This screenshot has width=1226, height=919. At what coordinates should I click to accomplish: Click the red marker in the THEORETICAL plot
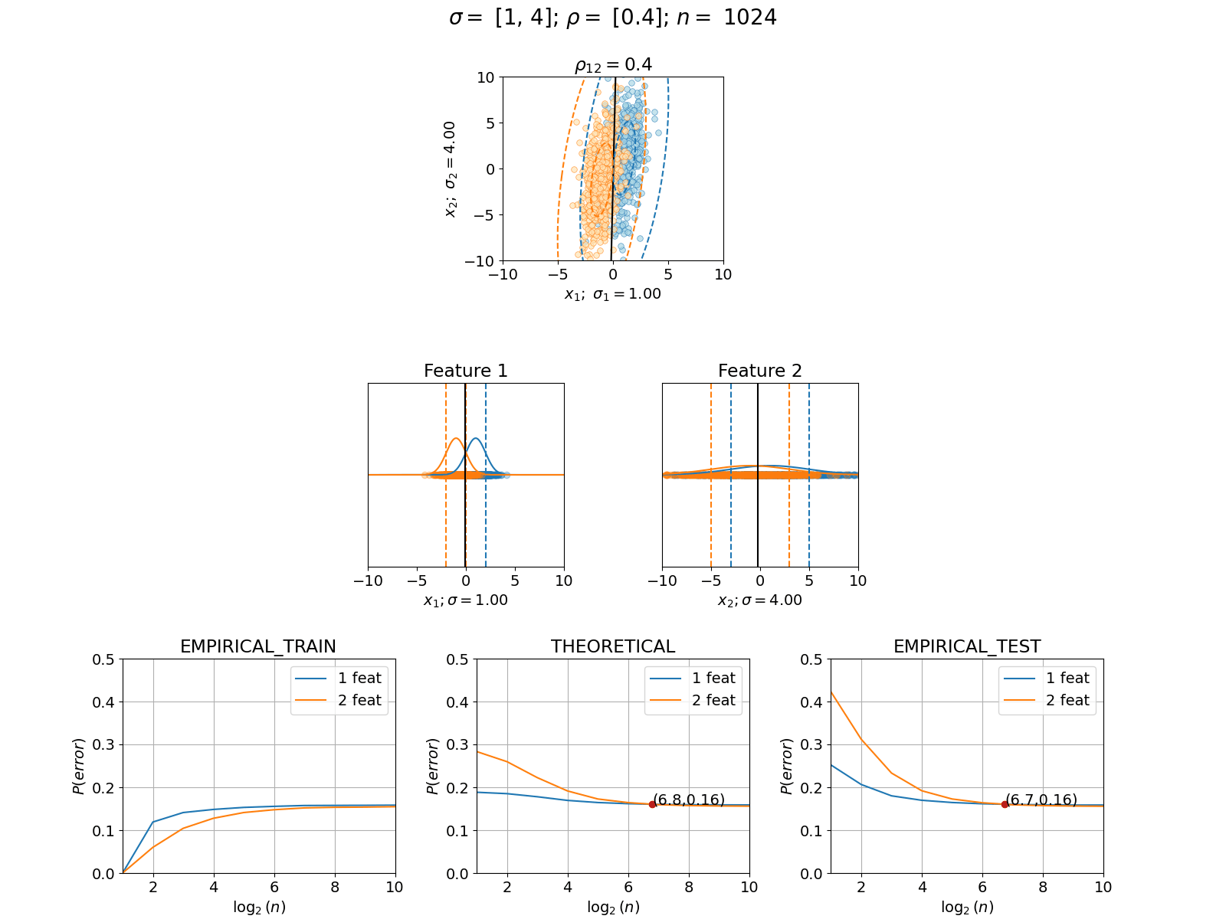pos(652,805)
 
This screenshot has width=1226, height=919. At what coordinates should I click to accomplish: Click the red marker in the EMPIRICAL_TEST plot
pos(1005,805)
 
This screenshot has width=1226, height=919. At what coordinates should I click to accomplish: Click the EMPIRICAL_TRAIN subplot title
pos(258,646)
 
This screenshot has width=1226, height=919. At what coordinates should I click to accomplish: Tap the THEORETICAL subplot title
pos(613,646)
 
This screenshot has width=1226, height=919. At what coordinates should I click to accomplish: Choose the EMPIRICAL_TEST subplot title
pos(967,646)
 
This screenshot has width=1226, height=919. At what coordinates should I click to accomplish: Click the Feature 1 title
pos(465,371)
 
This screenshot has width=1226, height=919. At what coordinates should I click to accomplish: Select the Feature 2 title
pos(759,371)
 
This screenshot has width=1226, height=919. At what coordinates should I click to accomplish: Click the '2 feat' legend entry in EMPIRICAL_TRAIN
pos(339,700)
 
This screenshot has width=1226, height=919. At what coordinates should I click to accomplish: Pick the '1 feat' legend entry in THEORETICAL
pos(693,678)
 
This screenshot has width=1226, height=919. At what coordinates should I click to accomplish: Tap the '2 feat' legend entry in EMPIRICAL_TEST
pos(1047,700)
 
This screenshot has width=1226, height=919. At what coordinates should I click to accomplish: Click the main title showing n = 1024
pos(613,18)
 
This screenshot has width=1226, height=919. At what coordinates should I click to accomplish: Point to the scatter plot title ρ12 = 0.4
pos(613,65)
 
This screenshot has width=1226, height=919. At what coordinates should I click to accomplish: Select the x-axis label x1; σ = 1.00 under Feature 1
pos(465,600)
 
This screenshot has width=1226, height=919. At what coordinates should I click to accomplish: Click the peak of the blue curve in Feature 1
pos(475,439)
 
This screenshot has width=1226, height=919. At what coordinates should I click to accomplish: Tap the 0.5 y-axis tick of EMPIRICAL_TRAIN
pos(103,659)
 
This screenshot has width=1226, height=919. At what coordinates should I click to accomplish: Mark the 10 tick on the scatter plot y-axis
pos(485,77)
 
